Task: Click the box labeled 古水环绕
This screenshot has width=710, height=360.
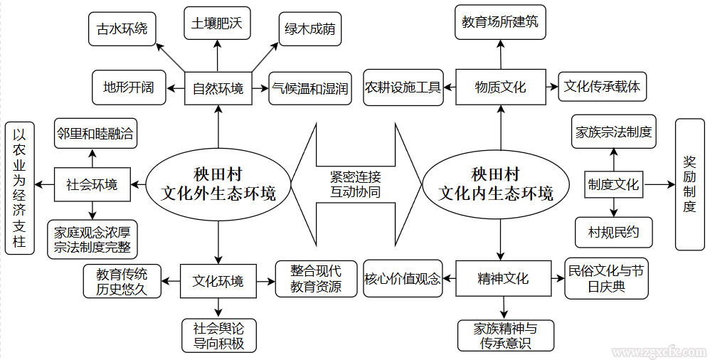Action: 122,29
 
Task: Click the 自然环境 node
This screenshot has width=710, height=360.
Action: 218,88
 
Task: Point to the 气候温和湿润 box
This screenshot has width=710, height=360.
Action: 309,88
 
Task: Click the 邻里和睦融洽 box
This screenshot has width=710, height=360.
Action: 94,133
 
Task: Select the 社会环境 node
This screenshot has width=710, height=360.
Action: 92,185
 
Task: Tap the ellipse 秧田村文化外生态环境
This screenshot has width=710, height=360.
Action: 218,185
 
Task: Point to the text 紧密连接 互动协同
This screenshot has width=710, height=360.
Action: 355,185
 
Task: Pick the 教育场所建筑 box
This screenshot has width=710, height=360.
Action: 499,22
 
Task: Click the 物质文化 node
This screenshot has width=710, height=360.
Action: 500,87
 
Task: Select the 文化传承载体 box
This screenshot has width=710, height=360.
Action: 602,87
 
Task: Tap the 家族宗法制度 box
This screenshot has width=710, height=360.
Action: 613,132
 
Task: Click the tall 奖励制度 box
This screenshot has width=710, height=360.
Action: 689,184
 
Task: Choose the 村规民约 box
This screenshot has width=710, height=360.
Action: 613,233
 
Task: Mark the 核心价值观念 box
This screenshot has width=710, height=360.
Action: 402,279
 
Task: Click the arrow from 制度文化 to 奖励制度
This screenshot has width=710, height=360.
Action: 659,185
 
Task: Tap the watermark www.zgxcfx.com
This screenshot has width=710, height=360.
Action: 658,351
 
